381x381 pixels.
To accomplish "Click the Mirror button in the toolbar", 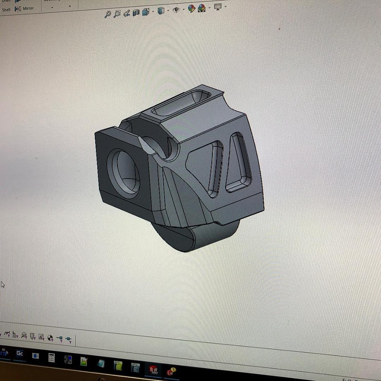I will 25,8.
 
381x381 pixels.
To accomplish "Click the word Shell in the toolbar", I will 6,10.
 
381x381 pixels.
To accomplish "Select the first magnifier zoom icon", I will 108,14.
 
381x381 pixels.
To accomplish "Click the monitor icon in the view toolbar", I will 218,7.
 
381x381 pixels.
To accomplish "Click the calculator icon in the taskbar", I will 51,358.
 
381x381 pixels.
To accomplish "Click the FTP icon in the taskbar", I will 4,352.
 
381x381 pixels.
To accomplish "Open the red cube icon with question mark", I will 171,371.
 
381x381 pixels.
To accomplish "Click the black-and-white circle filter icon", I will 50,338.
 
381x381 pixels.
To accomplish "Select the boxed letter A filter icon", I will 41,337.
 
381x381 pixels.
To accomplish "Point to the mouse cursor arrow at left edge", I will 3,285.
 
